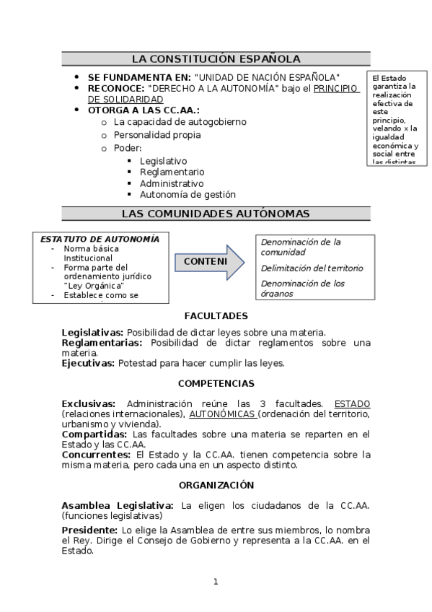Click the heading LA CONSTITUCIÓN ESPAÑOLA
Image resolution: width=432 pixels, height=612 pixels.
coord(216,59)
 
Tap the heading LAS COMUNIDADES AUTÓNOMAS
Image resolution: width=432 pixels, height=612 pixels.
coord(216,214)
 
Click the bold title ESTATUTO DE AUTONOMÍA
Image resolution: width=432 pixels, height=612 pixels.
coord(100,238)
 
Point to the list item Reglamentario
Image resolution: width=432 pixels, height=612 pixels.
coord(172,172)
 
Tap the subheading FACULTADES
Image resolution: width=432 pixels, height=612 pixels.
coord(216,316)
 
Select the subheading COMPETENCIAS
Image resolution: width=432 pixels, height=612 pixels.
coord(216,383)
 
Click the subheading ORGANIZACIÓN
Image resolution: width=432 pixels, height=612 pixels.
coord(216,485)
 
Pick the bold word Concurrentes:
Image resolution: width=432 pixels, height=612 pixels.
coord(96,455)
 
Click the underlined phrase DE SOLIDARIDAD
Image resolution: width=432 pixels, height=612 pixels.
coord(125,99)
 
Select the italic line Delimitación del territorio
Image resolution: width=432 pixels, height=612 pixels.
coord(312,268)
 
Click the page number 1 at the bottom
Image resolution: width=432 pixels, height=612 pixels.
coord(215,582)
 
